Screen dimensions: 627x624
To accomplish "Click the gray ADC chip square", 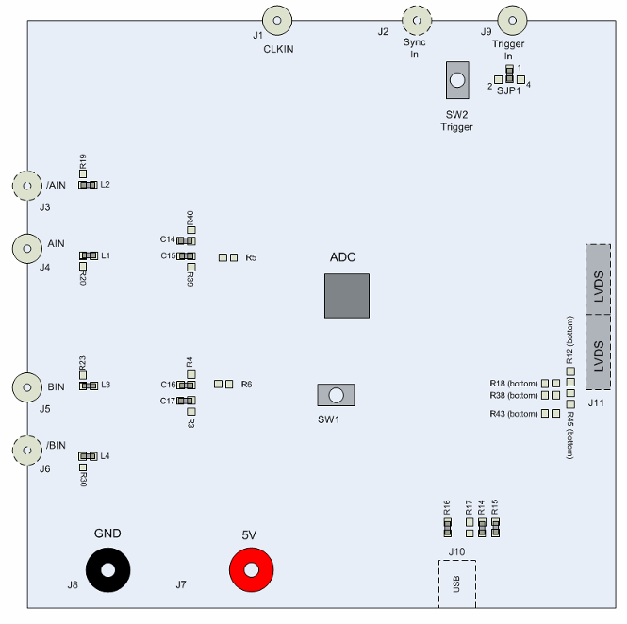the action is pyautogui.click(x=347, y=296).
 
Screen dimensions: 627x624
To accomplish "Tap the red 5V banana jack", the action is pyautogui.click(x=251, y=569).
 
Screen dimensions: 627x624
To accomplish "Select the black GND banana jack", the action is pyautogui.click(x=108, y=569).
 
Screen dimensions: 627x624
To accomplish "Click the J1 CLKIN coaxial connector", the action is pyautogui.click(x=277, y=20).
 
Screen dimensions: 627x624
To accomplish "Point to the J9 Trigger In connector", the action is pyautogui.click(x=512, y=20).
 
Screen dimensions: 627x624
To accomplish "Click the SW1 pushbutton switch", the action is pyautogui.click(x=336, y=395).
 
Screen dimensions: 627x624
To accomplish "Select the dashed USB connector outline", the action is pyautogui.click(x=457, y=583).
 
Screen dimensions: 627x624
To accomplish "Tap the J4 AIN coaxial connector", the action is pyautogui.click(x=27, y=249).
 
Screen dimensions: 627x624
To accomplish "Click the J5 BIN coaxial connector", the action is pyautogui.click(x=27, y=387).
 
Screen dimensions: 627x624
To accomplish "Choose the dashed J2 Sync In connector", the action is pyautogui.click(x=417, y=20).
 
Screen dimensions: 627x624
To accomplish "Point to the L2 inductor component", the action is pyautogui.click(x=88, y=185).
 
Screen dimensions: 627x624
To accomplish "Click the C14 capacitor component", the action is pyautogui.click(x=186, y=240).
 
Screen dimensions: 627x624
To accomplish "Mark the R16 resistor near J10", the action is pyautogui.click(x=448, y=528).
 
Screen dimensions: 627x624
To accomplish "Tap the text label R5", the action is pyautogui.click(x=251, y=258).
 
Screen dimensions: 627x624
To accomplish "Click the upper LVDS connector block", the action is pyautogui.click(x=598, y=279).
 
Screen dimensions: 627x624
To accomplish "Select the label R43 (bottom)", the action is pyautogui.click(x=514, y=414).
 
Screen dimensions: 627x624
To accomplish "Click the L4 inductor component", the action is pyautogui.click(x=88, y=456).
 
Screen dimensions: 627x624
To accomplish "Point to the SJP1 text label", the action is pyautogui.click(x=508, y=91).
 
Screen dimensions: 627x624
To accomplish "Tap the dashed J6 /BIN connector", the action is pyautogui.click(x=27, y=451).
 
